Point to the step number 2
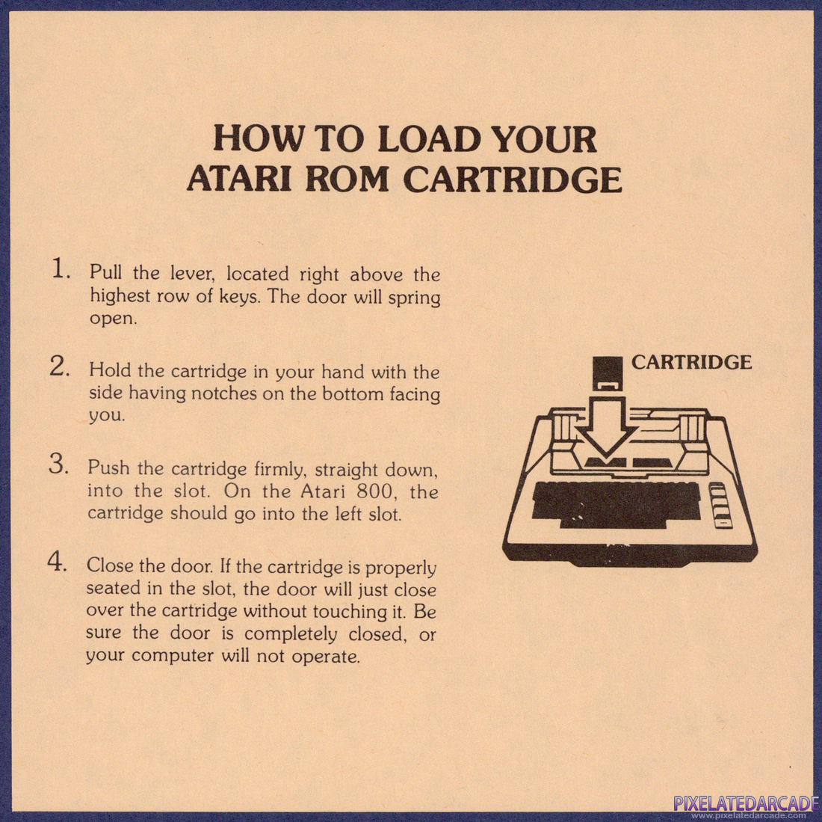[x=60, y=366]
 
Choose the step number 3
[x=59, y=464]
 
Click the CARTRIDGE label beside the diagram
[x=691, y=362]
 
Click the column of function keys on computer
[x=719, y=505]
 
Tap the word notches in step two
[x=224, y=393]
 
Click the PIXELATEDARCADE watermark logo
[x=746, y=803]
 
